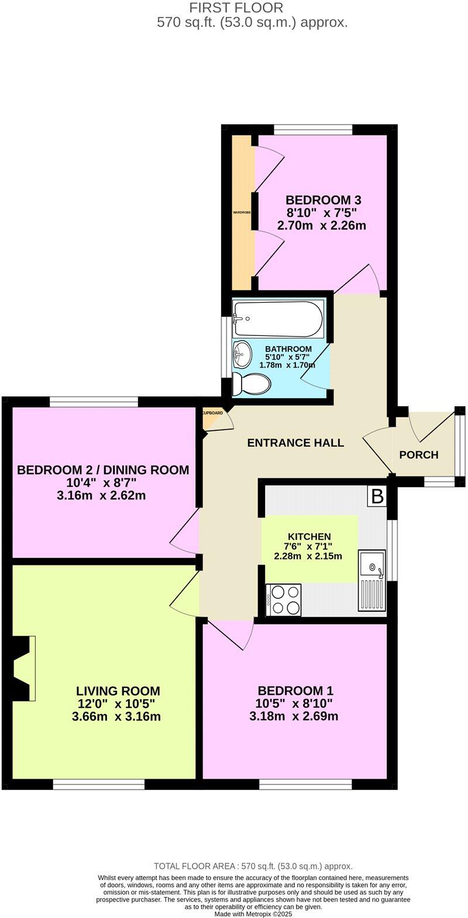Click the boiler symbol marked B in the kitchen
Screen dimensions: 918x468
click(x=377, y=497)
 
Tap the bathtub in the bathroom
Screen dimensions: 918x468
click(x=277, y=318)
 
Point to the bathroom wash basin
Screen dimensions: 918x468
click(x=242, y=352)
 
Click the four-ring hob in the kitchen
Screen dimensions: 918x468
click(x=283, y=600)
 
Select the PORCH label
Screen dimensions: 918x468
click(x=419, y=455)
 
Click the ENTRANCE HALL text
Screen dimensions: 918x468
click(x=295, y=443)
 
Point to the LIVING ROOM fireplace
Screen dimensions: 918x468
click(x=23, y=668)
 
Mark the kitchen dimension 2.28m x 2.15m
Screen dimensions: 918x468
click(x=309, y=556)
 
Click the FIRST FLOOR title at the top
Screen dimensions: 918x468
click(x=236, y=8)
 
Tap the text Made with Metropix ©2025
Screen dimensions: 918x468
click(x=253, y=913)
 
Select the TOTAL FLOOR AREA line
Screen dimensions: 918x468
click(x=253, y=866)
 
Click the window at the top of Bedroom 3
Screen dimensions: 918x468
click(x=313, y=129)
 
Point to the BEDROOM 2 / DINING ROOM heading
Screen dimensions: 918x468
click(x=103, y=470)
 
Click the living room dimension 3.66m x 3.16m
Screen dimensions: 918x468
click(x=119, y=717)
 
